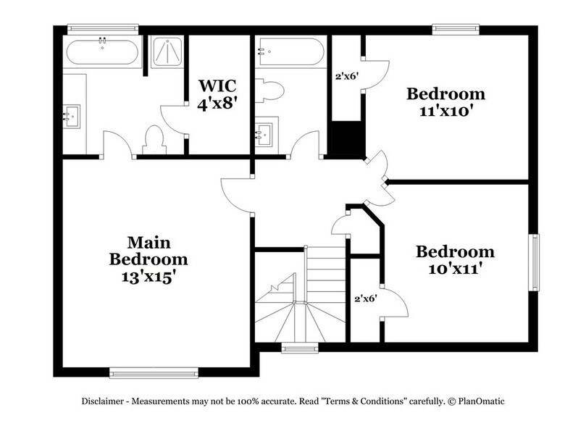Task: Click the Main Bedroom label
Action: (x=148, y=259)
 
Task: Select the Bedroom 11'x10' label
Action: (x=445, y=101)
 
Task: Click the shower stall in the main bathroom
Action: (x=166, y=52)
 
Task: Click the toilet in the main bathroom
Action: (x=154, y=138)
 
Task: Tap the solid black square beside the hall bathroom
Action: (x=344, y=137)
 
